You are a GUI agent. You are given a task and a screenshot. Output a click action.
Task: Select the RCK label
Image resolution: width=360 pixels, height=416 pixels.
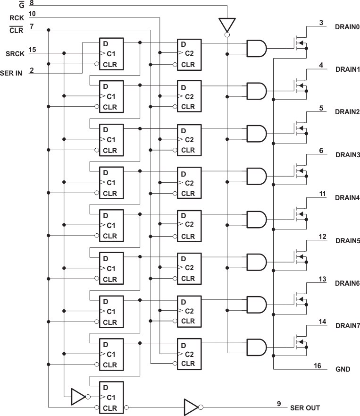tap(17, 18)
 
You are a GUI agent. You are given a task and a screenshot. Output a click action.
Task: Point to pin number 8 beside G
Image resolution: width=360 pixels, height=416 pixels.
tap(31, 3)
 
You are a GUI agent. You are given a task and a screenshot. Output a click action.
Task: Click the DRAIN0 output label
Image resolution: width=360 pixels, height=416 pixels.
tap(347, 26)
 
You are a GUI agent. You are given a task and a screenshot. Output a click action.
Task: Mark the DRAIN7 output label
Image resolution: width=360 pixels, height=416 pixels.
tap(347, 326)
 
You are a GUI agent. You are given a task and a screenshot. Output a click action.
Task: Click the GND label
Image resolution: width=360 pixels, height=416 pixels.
tap(343, 369)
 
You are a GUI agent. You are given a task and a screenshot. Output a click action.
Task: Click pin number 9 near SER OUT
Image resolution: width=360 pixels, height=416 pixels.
tap(279, 403)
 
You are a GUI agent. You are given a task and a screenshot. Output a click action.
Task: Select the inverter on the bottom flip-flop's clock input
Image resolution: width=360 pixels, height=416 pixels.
tap(78, 397)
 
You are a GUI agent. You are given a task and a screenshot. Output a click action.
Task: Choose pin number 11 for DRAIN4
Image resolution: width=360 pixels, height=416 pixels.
tap(322, 194)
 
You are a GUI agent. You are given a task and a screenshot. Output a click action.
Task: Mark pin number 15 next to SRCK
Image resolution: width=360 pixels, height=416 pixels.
tap(33, 49)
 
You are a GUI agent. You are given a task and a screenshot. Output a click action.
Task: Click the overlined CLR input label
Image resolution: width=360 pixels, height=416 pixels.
tap(16, 29)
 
